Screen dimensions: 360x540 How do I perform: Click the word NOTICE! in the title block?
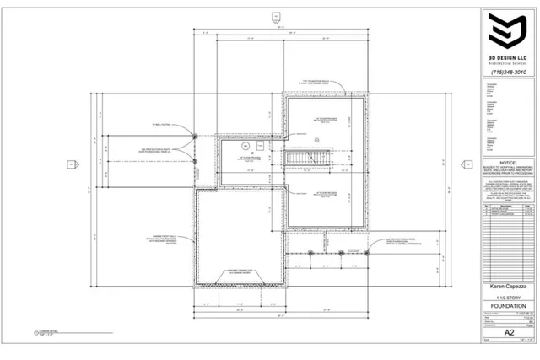pyautogui.click(x=507, y=159)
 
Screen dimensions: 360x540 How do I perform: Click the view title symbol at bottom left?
pyautogui.click(x=37, y=333)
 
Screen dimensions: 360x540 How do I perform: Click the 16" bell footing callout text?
pyautogui.click(x=160, y=124)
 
